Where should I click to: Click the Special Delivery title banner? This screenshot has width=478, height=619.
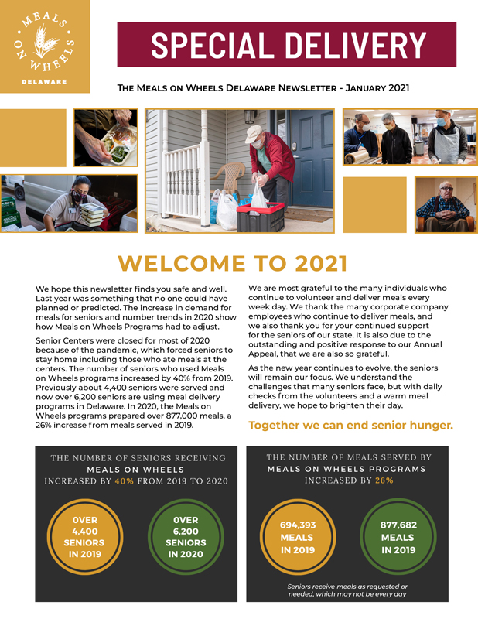pos(286,45)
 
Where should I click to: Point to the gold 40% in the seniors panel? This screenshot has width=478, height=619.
pos(124,480)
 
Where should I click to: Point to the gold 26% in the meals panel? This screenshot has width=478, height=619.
pos(383,480)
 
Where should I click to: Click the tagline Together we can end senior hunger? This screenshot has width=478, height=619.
pos(350,426)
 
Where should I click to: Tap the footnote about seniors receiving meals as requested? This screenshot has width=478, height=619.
pos(347,590)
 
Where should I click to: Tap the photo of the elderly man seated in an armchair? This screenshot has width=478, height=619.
pos(446,204)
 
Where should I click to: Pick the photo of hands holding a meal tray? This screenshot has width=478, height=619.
pos(106,137)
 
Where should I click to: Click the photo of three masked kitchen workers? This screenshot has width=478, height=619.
pos(409,136)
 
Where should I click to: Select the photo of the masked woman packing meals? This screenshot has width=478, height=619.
pos(70,203)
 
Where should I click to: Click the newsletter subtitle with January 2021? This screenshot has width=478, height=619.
pos(263,88)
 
